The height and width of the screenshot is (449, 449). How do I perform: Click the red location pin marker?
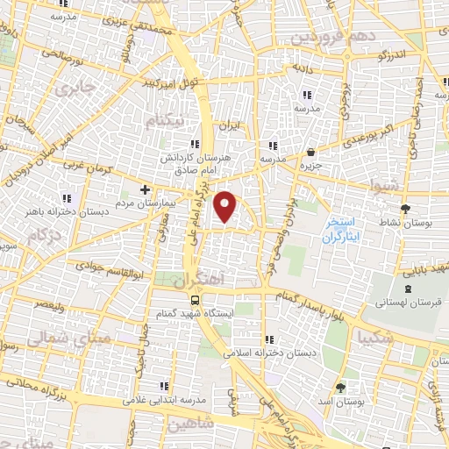tap(226, 207)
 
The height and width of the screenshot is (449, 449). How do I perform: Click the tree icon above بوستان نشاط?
tap(404, 209)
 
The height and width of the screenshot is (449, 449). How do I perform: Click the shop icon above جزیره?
tap(311, 151)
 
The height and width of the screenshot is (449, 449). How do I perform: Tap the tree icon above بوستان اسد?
tap(339, 387)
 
